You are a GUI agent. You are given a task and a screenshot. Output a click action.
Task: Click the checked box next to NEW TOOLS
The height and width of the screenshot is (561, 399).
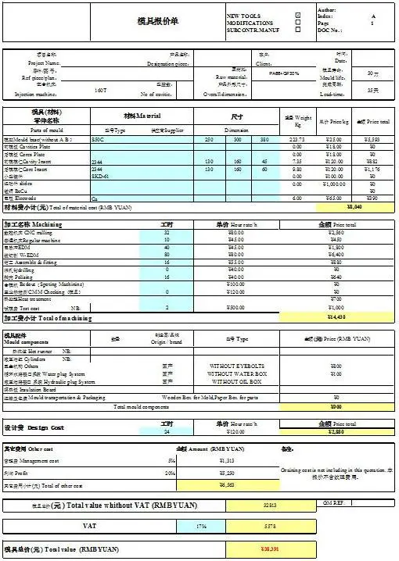click(x=298, y=16)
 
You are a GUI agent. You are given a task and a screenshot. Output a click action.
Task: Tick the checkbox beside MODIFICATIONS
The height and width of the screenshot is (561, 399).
click(x=298, y=23)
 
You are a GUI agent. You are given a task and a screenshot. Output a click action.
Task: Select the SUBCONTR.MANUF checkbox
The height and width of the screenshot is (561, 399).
click(x=298, y=30)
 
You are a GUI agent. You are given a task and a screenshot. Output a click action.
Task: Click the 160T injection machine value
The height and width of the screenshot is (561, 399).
click(x=100, y=91)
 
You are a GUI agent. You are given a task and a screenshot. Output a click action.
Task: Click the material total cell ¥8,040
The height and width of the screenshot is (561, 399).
click(x=354, y=207)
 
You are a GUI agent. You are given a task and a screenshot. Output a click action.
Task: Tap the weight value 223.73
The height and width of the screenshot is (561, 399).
click(x=297, y=138)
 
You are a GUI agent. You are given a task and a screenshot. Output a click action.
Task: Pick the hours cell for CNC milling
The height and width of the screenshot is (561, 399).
click(x=167, y=233)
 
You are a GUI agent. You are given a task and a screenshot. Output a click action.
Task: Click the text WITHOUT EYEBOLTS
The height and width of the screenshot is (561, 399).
click(x=237, y=366)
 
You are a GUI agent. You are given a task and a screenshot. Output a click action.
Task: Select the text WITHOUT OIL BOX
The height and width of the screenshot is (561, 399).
click(x=237, y=381)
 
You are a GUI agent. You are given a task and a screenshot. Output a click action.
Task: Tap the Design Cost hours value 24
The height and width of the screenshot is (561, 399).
click(x=166, y=431)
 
